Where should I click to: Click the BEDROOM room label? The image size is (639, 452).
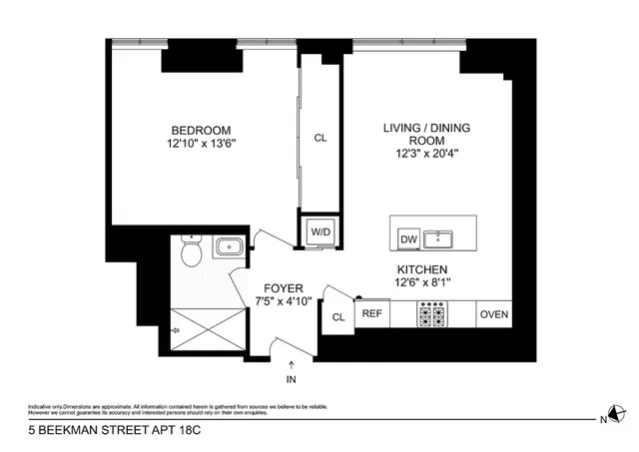(x=201, y=130)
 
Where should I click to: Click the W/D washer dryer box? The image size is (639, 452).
(x=319, y=231)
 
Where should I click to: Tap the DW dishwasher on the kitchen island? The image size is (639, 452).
(x=407, y=238)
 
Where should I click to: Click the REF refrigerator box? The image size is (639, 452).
(x=371, y=314)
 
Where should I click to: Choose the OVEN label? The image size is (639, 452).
(x=494, y=314)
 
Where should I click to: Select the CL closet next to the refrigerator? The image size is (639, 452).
(x=337, y=317)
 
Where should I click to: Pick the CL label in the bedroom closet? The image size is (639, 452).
(x=319, y=139)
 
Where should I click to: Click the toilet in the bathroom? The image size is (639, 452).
(x=190, y=256)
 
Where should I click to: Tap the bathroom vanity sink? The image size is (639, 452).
(x=229, y=246)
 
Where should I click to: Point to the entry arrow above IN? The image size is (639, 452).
(x=291, y=365)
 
